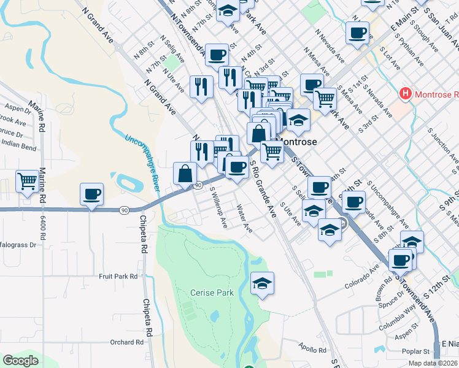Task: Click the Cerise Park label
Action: (212, 293)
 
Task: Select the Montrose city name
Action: (298, 141)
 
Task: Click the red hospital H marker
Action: (405, 94)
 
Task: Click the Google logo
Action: (20, 361)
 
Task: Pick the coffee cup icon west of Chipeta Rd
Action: (92, 194)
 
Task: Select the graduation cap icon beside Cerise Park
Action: (263, 283)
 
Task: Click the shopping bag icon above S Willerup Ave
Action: (185, 173)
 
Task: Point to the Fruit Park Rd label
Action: (118, 277)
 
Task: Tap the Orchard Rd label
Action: (127, 342)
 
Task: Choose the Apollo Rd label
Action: (314, 350)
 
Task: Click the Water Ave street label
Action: (244, 218)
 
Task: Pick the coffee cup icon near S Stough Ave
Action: (357, 33)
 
